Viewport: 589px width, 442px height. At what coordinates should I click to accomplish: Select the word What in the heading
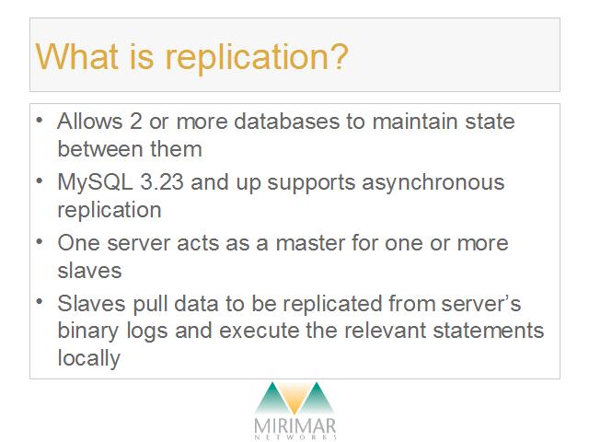coord(76,55)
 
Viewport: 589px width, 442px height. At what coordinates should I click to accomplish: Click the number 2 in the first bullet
coord(136,122)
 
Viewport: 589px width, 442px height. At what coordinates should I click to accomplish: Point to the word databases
coord(286,122)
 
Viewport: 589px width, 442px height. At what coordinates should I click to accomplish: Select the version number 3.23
coord(162,182)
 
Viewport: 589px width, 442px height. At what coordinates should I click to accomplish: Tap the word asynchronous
coord(433,184)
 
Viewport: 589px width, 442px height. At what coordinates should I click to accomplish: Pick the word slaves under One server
coord(90,270)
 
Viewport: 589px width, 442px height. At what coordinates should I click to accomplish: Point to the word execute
coord(260,331)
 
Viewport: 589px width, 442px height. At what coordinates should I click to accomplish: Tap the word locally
coord(89,359)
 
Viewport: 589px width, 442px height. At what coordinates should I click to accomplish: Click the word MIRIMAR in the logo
coord(294,426)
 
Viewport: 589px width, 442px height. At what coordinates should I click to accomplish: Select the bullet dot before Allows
coord(40,121)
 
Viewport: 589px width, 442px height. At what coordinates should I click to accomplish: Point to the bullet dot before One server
coord(40,241)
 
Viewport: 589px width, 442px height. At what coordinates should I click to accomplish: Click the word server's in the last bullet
coord(481,303)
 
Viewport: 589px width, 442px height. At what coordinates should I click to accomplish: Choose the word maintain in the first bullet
coord(415,122)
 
